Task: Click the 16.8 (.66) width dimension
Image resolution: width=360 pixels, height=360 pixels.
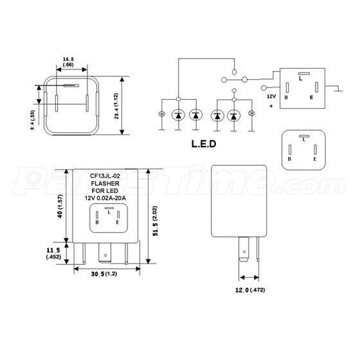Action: point(68,62)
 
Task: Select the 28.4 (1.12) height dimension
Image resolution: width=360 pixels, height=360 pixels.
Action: point(116,106)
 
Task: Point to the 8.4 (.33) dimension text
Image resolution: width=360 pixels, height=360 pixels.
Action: point(32,120)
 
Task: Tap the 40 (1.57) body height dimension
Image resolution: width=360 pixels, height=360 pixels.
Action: point(60,206)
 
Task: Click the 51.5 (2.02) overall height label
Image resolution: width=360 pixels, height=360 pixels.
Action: point(155,221)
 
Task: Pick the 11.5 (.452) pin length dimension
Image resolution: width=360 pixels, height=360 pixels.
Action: point(53,253)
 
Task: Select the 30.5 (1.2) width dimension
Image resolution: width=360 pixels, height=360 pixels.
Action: point(104,274)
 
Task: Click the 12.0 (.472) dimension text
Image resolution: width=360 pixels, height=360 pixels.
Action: point(250,290)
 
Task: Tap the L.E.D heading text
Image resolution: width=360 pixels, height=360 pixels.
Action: point(204,144)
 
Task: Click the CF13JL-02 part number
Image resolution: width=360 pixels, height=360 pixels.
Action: point(105,176)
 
